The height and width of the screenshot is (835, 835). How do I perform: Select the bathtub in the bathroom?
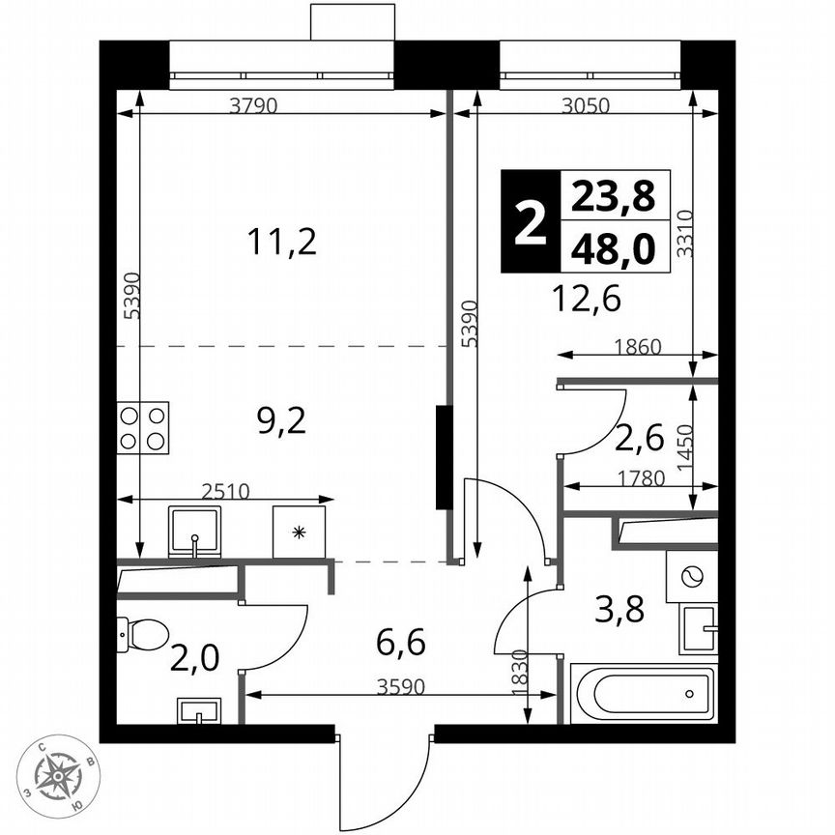pyautogui.click(x=642, y=693)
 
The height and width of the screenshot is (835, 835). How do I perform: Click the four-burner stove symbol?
pyautogui.click(x=142, y=427)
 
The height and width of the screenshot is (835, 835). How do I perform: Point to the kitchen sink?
pyautogui.click(x=195, y=531)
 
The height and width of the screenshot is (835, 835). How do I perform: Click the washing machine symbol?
pyautogui.click(x=691, y=577)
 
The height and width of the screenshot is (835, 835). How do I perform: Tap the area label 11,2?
pyautogui.click(x=281, y=242)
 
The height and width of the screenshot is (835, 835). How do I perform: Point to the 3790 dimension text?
pyautogui.click(x=253, y=107)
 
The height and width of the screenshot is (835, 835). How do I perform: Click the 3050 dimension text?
pyautogui.click(x=586, y=107)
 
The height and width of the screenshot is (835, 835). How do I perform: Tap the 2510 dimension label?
pyautogui.click(x=225, y=490)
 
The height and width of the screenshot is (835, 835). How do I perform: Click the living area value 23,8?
pyautogui.click(x=613, y=198)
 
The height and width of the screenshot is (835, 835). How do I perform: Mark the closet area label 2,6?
pyautogui.click(x=639, y=440)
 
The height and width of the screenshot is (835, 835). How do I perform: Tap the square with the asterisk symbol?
pyautogui.click(x=299, y=531)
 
